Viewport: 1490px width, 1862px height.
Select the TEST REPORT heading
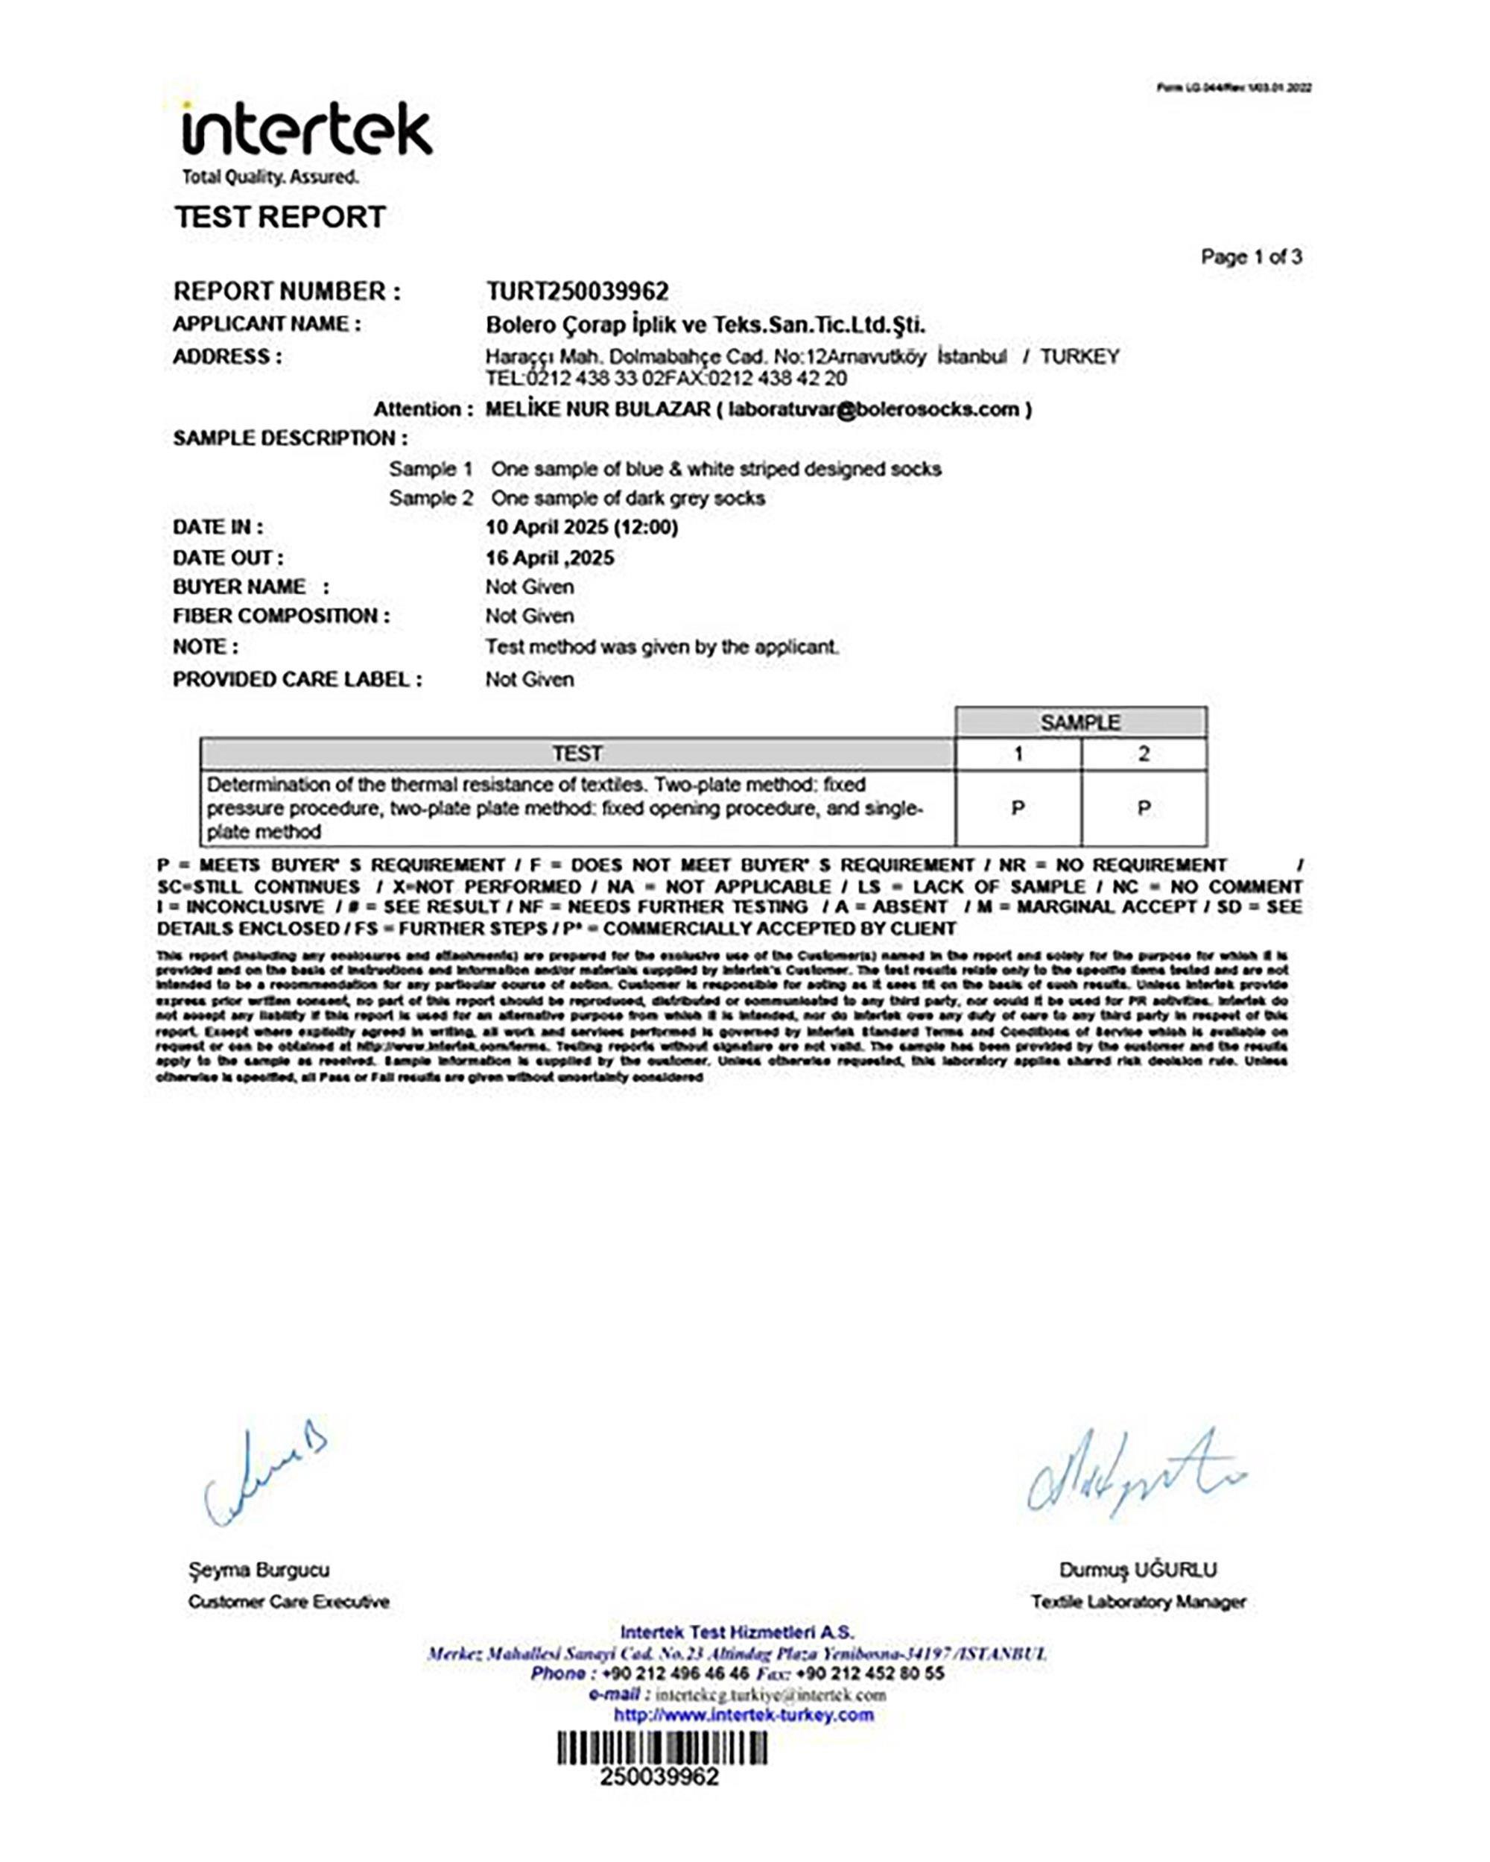(279, 217)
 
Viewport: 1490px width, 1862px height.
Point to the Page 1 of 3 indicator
(1251, 256)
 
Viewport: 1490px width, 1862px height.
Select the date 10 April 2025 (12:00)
(581, 527)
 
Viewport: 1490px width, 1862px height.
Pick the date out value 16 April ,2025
(549, 558)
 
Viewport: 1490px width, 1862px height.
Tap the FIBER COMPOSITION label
(281, 616)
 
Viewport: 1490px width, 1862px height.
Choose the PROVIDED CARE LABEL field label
(297, 680)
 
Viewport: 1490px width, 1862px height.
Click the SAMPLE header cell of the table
(1080, 722)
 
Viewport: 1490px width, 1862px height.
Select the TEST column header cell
(577, 754)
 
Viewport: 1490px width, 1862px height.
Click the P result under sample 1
(1018, 808)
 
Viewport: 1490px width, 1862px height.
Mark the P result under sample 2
(1144, 808)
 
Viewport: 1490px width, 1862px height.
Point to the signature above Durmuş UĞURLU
(1135, 1472)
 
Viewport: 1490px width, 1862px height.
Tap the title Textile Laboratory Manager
(1138, 1602)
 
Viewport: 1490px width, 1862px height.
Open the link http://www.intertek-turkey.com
(744, 1714)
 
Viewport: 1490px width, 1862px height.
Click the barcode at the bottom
(662, 1748)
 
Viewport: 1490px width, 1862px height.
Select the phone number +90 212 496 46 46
(676, 1673)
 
